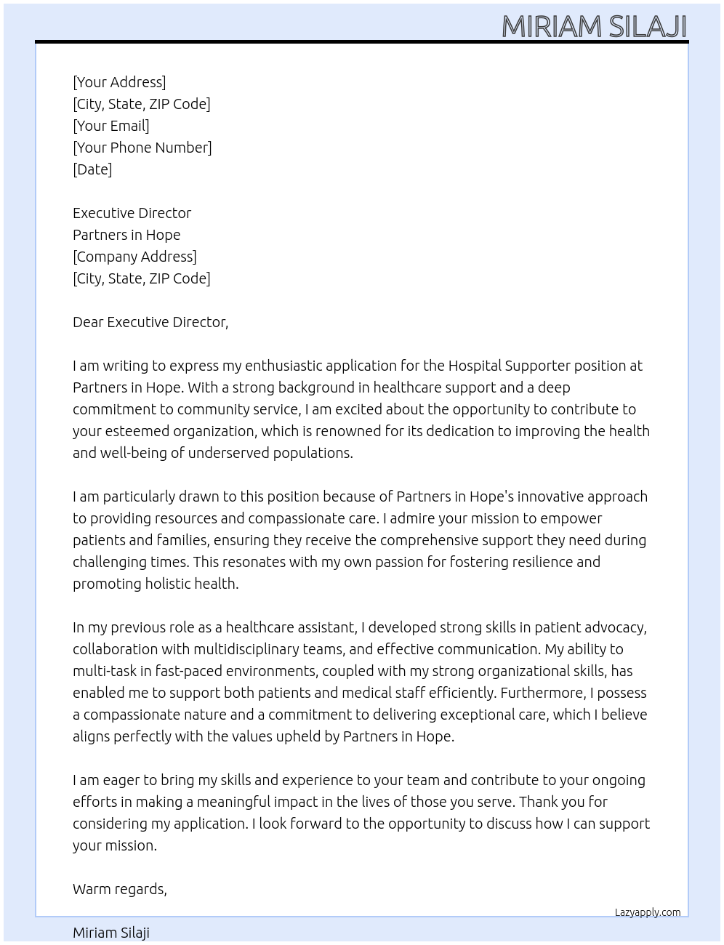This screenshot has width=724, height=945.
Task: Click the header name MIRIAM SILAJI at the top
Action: [x=594, y=27]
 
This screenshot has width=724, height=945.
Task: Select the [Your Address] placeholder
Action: [x=119, y=82]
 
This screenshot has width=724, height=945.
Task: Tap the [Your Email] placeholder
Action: [x=111, y=126]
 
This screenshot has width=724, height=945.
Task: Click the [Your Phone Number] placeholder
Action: [x=142, y=148]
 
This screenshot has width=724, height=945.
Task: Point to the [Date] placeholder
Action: [x=92, y=169]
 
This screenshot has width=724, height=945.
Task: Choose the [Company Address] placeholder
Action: [x=134, y=257]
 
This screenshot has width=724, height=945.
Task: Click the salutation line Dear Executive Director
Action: [x=150, y=322]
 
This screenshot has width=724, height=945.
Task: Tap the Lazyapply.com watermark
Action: [x=648, y=912]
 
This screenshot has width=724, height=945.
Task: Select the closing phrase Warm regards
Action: [x=120, y=889]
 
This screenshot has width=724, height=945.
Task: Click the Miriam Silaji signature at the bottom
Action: [x=111, y=933]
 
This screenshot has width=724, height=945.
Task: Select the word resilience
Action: [x=539, y=562]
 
